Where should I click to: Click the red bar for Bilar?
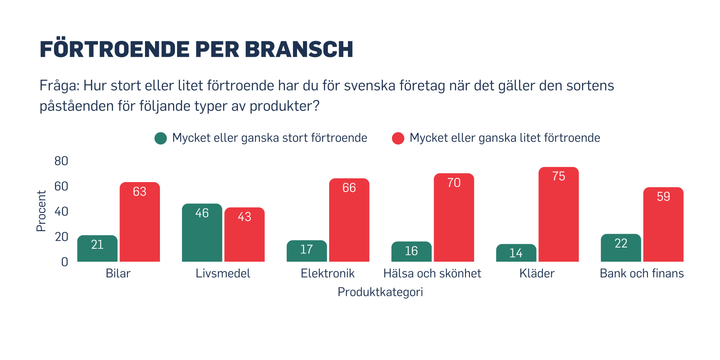pos(139,222)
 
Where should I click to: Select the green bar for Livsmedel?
pos(202,232)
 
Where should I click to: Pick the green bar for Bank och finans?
pos(621,248)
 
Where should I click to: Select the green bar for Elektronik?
pos(306,251)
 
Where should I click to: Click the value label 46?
pos(202,214)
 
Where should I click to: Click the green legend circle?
pos(160,137)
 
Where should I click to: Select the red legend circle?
pos(397,137)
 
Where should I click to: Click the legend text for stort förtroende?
pos(269,137)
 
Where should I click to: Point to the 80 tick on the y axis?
pos(60,161)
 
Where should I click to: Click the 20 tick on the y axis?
pos(60,237)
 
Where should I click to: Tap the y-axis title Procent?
pos(41,211)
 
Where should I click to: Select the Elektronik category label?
pos(327,273)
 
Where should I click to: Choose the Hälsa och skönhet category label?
pos(432,273)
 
